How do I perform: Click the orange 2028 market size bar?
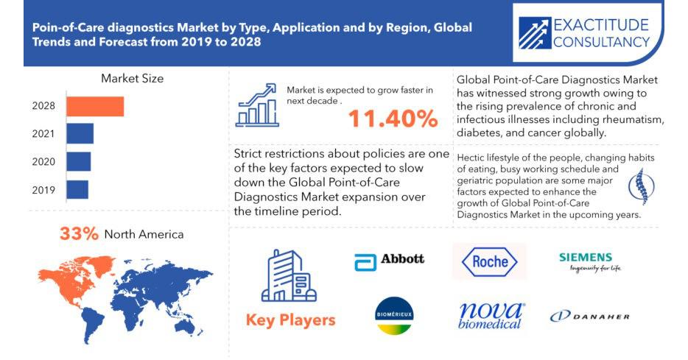pyautogui.click(x=95, y=106)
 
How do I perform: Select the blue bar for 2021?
pyautogui.click(x=80, y=134)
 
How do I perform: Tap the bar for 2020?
pyautogui.click(x=79, y=161)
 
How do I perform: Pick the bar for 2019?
pyautogui.click(x=77, y=189)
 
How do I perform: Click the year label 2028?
pyautogui.click(x=43, y=106)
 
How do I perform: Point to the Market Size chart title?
pyautogui.click(x=132, y=79)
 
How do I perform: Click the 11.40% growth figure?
pyautogui.click(x=393, y=119)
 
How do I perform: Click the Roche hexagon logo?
pyautogui.click(x=489, y=261)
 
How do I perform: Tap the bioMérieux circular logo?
pyautogui.click(x=395, y=316)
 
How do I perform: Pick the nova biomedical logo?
pyautogui.click(x=491, y=316)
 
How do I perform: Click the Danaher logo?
pyautogui.click(x=589, y=316)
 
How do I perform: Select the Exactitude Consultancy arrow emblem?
pyautogui.click(x=535, y=33)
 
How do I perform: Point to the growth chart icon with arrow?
pyautogui.click(x=257, y=105)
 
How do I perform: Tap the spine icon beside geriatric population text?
pyautogui.click(x=641, y=187)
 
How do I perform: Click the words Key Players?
pyautogui.click(x=290, y=320)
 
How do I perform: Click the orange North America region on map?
pyautogui.click(x=74, y=280)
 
